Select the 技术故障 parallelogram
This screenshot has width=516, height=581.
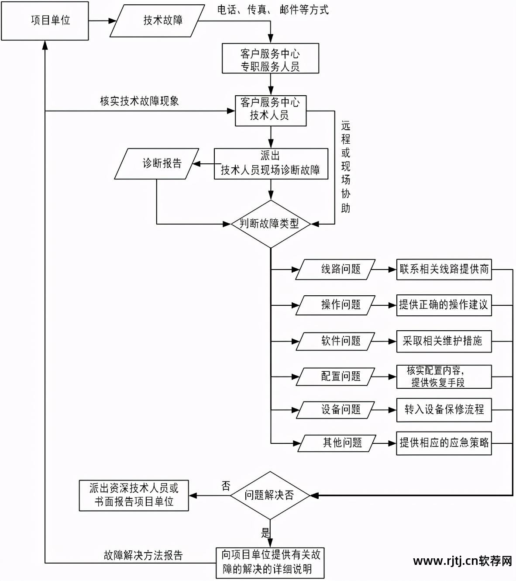point(158,21)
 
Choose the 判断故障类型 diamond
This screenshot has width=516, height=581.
point(271,224)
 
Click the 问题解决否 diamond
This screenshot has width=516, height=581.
point(270,495)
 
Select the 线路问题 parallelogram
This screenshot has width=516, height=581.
point(335,270)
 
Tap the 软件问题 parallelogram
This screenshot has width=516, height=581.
point(335,341)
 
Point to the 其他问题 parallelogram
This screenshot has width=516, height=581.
point(337,443)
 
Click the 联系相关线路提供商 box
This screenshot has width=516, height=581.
point(444,270)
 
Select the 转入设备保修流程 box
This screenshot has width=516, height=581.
point(444,410)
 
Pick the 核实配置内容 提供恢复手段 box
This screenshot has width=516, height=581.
point(444,377)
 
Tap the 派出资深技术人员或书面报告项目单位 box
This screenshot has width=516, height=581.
point(134,495)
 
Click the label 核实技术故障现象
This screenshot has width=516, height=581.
point(139,101)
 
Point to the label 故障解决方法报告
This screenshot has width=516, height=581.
point(143,555)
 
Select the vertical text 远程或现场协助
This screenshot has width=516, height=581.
point(346,167)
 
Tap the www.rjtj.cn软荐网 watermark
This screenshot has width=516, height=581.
point(462,561)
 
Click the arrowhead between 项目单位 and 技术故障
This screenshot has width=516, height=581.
point(111,21)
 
